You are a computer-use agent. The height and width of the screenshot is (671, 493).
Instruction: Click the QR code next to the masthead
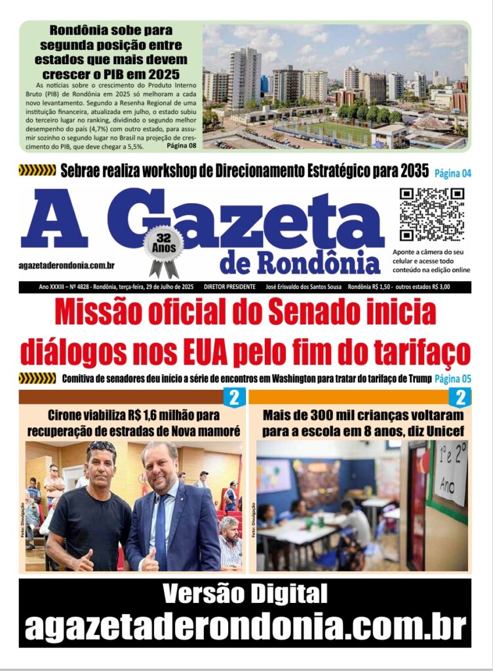click(432, 214)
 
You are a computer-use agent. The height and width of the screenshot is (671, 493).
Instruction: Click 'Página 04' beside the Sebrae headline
click(453, 174)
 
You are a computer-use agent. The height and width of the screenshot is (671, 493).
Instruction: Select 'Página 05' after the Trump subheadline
click(453, 379)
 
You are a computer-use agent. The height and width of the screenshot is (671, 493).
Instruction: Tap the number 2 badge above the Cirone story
click(234, 397)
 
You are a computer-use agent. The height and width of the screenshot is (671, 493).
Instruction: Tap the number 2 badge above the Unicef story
click(461, 397)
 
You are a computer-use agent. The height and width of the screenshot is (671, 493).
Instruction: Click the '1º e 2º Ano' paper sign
click(450, 472)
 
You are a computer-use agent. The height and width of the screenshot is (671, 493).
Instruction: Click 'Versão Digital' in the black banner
click(245, 594)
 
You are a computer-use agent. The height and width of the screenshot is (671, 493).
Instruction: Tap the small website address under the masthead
click(68, 265)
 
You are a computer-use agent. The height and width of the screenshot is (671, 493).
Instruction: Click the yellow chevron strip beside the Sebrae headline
click(37, 171)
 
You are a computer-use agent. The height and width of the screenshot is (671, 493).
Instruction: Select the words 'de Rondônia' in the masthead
click(300, 263)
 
